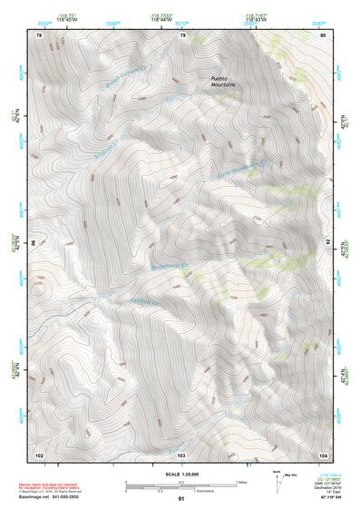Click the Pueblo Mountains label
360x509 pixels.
(223, 82)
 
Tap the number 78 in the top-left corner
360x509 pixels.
(38, 35)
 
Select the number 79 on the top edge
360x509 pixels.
(183, 35)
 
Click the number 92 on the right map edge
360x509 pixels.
(327, 243)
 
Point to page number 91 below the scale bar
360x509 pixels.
(181, 499)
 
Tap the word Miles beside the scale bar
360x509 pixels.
(241, 481)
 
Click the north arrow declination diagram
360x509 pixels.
(277, 484)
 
